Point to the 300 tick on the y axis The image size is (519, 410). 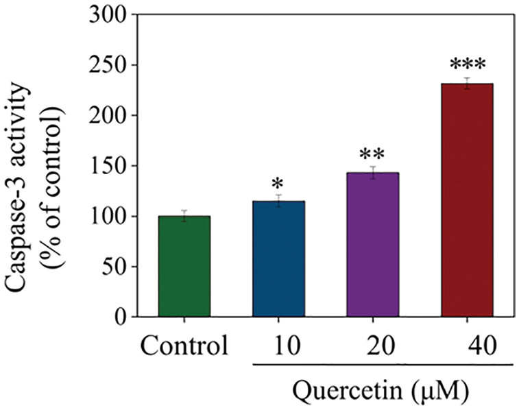pyautogui.click(x=107, y=15)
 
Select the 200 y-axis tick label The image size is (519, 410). pyautogui.click(x=107, y=116)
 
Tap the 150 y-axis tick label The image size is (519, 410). pyautogui.click(x=107, y=166)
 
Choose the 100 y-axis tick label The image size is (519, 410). pyautogui.click(x=107, y=217)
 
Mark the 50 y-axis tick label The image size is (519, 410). pyautogui.click(x=114, y=267)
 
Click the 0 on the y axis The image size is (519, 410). pyautogui.click(x=121, y=317)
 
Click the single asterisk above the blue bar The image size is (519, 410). pyautogui.click(x=278, y=184)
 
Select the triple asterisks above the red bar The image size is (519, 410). pyautogui.click(x=468, y=66)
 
